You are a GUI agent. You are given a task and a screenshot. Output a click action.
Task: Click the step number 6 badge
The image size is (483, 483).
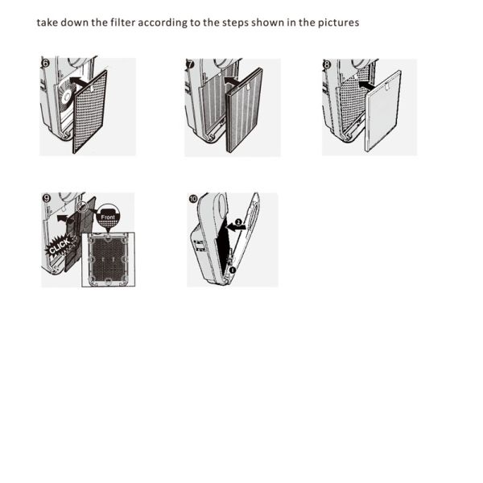(45, 63)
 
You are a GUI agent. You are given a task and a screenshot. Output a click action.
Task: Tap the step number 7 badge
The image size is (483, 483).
(190, 64)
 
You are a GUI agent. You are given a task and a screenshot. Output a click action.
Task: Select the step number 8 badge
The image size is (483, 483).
(327, 64)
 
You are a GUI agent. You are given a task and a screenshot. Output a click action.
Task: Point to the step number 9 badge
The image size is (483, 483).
(47, 198)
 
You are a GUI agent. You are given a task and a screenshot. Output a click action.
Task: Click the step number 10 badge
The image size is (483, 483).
(193, 199)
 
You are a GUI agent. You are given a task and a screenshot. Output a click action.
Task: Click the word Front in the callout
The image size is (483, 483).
(108, 217)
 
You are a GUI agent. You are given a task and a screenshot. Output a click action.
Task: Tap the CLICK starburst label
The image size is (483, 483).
(60, 246)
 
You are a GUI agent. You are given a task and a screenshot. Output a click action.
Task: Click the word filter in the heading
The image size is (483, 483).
(123, 23)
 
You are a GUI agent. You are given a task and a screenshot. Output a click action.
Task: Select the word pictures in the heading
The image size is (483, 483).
(339, 23)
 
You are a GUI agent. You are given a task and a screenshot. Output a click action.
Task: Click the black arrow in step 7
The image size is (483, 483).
(232, 81)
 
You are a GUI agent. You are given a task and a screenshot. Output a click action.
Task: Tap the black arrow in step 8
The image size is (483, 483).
(367, 85)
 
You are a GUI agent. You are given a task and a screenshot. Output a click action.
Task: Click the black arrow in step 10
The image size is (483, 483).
(236, 227)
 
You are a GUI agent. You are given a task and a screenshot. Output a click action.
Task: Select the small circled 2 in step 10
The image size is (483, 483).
(238, 222)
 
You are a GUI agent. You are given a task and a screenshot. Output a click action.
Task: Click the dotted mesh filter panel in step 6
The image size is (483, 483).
(90, 112)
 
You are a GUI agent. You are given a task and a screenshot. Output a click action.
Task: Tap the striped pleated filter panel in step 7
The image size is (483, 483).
(244, 110)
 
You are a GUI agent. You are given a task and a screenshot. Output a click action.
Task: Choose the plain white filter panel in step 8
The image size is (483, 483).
(382, 111)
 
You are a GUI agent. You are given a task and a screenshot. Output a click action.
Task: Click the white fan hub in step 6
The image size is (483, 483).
(67, 97)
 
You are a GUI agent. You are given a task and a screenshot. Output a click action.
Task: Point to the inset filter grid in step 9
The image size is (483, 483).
(108, 259)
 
